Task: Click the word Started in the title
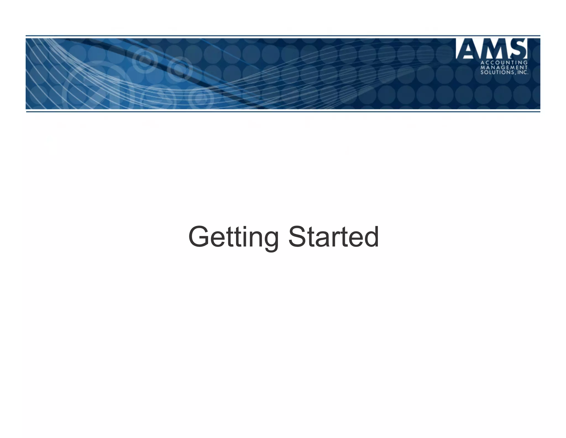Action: [x=333, y=237]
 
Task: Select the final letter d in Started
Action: [x=370, y=237]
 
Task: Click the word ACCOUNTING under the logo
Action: [x=504, y=63]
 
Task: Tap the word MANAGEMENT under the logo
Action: [x=504, y=68]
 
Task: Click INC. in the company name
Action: [x=522, y=73]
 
